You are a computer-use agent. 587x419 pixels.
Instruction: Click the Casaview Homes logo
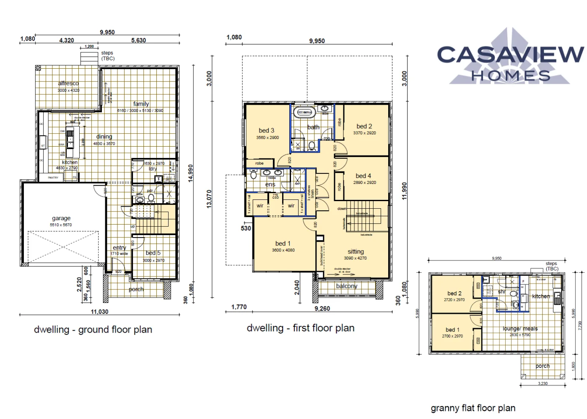[x=510, y=59]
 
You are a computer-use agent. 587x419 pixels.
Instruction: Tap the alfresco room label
[x=68, y=83]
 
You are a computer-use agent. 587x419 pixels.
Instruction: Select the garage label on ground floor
[x=61, y=218]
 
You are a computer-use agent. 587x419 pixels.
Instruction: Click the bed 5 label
[x=153, y=253]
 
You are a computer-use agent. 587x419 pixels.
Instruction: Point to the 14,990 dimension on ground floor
[x=191, y=173]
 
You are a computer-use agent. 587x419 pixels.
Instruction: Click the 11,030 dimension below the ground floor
[x=99, y=312]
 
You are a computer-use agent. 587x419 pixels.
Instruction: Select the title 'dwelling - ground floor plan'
[x=93, y=330]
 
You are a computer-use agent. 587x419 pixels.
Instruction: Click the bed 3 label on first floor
[x=267, y=131]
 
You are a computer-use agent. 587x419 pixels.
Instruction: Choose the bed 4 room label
[x=364, y=176]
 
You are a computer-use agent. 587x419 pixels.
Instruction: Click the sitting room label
[x=356, y=251]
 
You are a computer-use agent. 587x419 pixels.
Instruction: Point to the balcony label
[x=347, y=286]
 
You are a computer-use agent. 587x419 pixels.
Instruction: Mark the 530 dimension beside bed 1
[x=246, y=228]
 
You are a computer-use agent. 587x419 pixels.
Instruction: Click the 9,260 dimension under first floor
[x=322, y=309]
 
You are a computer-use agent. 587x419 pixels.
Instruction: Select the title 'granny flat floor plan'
[x=473, y=408]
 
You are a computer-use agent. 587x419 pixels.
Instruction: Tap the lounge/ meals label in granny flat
[x=520, y=329]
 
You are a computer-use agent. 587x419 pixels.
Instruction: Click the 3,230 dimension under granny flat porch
[x=543, y=383]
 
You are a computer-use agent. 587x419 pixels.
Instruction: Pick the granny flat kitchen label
[x=541, y=296]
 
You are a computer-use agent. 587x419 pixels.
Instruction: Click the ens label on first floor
[x=270, y=184]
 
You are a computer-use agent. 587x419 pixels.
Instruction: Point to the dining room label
[x=104, y=137]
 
